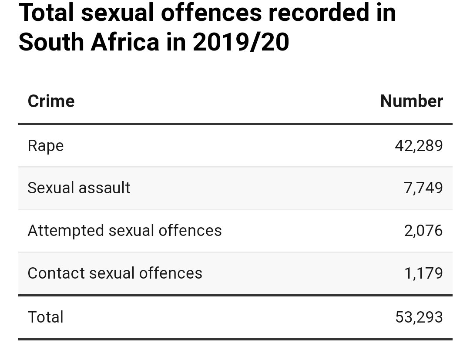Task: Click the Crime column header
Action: coord(51,101)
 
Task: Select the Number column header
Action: coord(411,101)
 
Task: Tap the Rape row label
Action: coord(45,145)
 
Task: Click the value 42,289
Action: coord(419,145)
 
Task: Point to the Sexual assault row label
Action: coord(79,188)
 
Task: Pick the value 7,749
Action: coord(423,188)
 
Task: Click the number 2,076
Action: coord(423,230)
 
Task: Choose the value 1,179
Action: coord(423,273)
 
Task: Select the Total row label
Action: coord(45,317)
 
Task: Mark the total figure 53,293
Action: coord(419,317)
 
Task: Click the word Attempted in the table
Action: coord(66,230)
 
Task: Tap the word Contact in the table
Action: coord(56,273)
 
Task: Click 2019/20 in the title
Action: coord(241,42)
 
